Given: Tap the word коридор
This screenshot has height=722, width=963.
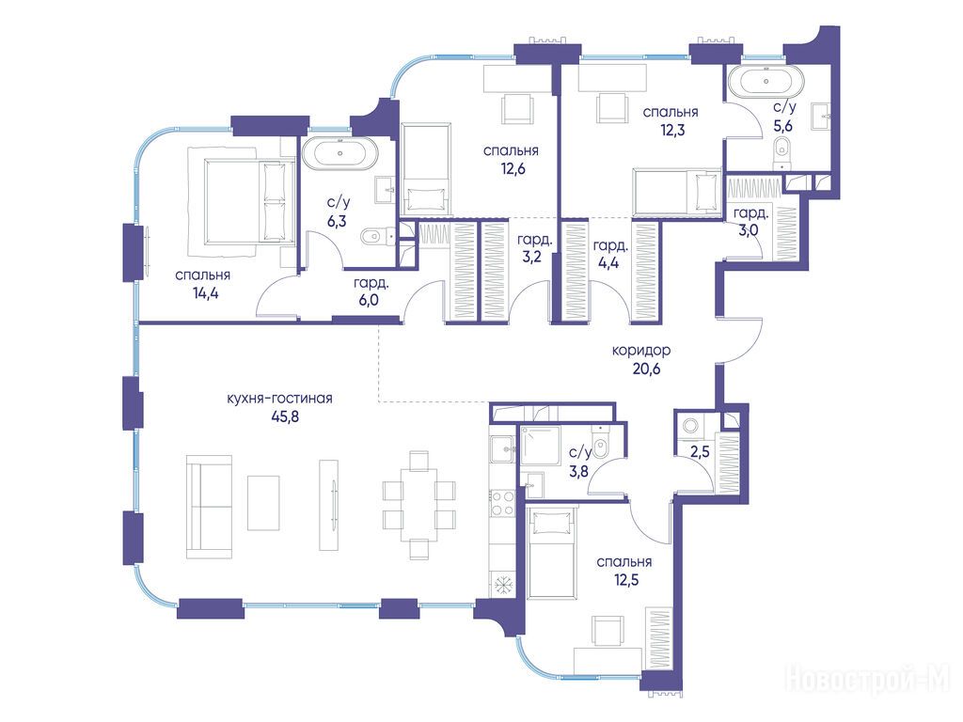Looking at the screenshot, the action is coord(641,351).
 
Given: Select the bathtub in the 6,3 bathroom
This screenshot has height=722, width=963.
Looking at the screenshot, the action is coord(339,153).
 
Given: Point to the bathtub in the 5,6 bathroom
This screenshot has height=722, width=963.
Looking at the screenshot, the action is coord(766,83).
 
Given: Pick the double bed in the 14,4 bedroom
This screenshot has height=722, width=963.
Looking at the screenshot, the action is coord(245,201).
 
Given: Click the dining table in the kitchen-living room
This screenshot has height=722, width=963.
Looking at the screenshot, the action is coord(419,505).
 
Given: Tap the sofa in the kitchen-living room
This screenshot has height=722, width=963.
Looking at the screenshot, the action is coord(210,507).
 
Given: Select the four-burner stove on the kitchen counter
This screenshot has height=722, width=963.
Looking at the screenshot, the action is coord(502,503).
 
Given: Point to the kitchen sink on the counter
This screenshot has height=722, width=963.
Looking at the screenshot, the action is coord(502,450).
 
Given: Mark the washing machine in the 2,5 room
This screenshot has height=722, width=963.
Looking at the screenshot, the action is coord(690,425).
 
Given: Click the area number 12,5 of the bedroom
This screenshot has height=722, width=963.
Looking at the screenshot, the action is coord(625,579).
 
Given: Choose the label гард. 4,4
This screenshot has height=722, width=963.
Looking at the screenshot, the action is coord(609,254).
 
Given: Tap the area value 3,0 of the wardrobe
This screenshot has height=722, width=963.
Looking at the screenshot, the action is coord(749,230).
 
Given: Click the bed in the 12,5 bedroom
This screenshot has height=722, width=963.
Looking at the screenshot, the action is coord(552,552).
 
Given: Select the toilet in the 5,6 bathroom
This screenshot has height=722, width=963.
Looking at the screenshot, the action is coord(781,151).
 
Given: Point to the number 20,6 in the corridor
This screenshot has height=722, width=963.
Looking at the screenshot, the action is coord(646,369).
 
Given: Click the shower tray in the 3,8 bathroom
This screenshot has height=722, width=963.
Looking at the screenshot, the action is coord(540,447).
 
